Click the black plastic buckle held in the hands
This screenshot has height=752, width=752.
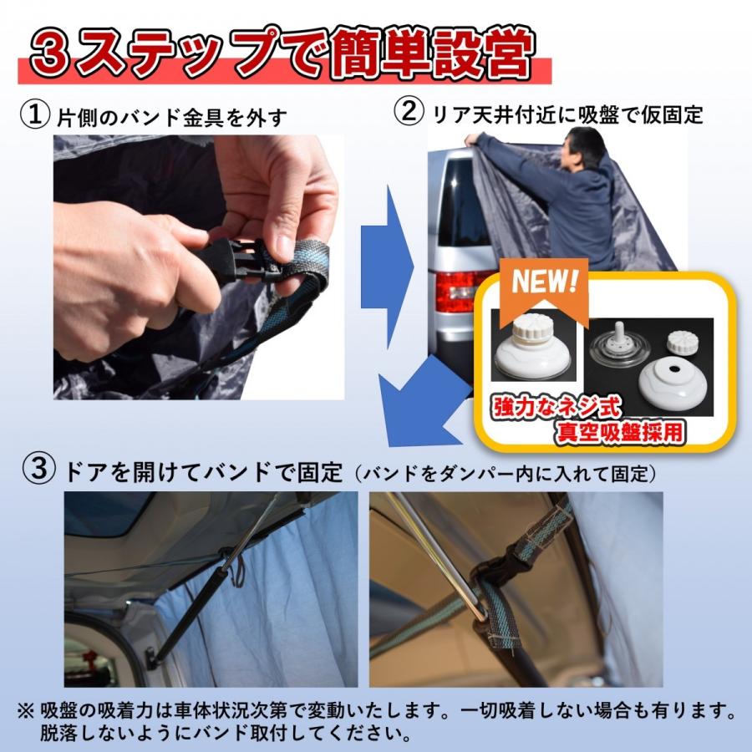242,260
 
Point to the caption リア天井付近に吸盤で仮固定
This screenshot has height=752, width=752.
567,114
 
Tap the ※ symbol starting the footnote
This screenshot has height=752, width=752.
26,712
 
